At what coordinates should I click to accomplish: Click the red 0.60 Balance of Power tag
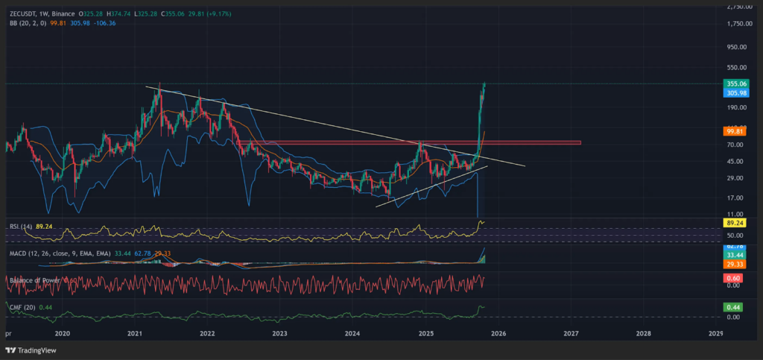[732, 277]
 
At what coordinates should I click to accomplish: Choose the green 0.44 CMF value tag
[732, 306]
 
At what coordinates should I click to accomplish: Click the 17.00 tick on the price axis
[736, 198]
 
